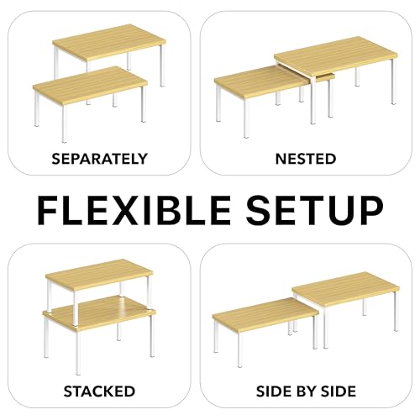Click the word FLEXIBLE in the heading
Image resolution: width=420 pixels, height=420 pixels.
pyautogui.click(x=134, y=210)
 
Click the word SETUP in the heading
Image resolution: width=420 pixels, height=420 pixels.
pyautogui.click(x=315, y=210)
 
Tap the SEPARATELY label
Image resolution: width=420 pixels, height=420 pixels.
pyautogui.click(x=99, y=159)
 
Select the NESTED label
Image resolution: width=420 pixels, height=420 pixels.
pyautogui.click(x=306, y=159)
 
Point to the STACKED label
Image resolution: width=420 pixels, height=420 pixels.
pyautogui.click(x=99, y=391)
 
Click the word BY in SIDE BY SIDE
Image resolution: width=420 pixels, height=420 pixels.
pyautogui.click(x=306, y=391)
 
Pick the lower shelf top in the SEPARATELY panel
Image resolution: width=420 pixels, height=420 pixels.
pyautogui.click(x=90, y=84)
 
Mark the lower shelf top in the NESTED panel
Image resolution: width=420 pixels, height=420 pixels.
pyautogui.click(x=260, y=81)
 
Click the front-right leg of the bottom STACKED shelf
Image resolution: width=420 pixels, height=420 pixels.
pyautogui.click(x=152, y=335)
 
